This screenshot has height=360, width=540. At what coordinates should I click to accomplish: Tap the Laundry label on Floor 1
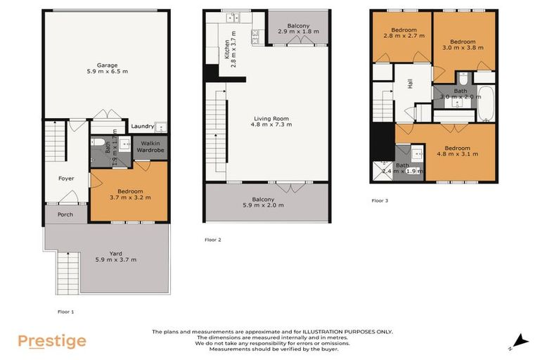tap(142, 127)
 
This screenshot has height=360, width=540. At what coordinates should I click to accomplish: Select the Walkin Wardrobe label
tap(150, 146)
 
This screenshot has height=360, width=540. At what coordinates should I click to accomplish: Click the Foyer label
tap(65, 179)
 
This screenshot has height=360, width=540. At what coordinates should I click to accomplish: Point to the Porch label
tap(65, 214)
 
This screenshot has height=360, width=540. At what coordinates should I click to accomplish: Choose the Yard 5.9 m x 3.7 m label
tap(115, 257)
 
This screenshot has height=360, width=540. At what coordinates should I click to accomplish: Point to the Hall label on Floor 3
tap(410, 84)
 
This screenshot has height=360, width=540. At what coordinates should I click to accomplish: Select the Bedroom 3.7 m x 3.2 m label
tap(130, 195)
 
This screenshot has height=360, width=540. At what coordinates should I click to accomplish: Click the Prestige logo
tap(52, 342)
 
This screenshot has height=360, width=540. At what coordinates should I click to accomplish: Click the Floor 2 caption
tap(213, 240)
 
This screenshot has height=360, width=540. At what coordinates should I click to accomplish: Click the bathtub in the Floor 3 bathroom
tap(487, 104)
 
